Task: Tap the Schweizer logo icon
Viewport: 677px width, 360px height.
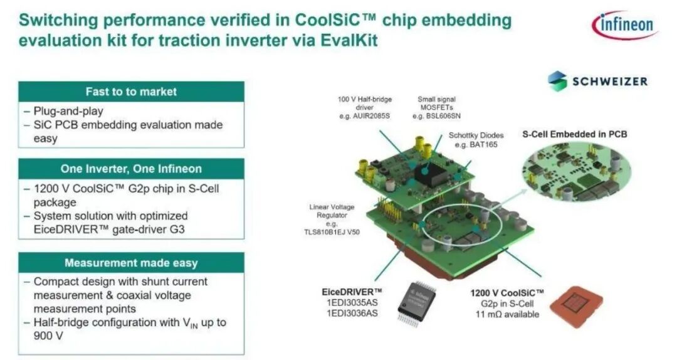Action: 557,81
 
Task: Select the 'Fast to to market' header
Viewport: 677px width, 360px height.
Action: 131,92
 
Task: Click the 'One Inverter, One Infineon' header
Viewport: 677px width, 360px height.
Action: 131,169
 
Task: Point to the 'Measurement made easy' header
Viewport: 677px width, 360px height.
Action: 131,263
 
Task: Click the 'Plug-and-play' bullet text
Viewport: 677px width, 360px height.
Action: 68,111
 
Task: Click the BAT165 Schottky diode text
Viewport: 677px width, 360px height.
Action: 483,144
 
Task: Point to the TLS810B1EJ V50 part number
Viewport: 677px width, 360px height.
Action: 332,232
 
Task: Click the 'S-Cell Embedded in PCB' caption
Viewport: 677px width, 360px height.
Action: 575,134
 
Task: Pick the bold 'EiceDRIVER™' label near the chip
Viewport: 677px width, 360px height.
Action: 352,292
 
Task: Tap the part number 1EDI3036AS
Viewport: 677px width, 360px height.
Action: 352,314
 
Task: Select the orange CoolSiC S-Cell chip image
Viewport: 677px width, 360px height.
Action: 576,306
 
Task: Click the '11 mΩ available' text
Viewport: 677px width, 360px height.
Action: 507,314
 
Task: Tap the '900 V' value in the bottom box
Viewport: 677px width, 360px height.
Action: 48,336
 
